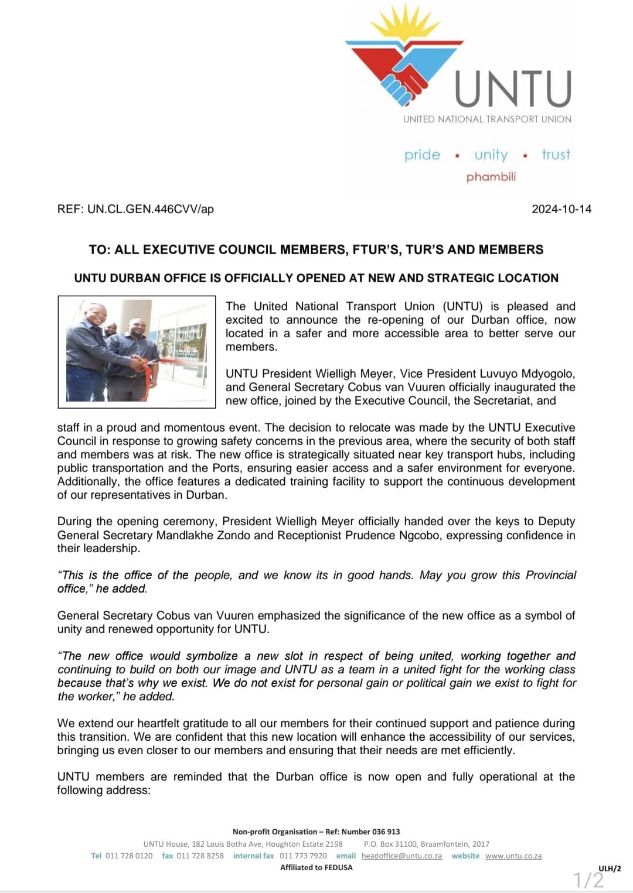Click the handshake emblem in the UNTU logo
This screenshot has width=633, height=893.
pyautogui.click(x=404, y=79)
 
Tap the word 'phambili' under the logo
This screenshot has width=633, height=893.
pyautogui.click(x=491, y=177)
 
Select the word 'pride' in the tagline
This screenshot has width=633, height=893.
pyautogui.click(x=422, y=155)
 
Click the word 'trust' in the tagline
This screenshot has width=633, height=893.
pyautogui.click(x=556, y=155)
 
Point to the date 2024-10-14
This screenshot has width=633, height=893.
pyautogui.click(x=561, y=209)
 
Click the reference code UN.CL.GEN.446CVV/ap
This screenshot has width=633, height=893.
pyautogui.click(x=151, y=209)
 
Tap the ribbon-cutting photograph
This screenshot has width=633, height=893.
pyautogui.click(x=137, y=351)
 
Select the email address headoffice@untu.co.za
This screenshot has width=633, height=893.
pyautogui.click(x=401, y=856)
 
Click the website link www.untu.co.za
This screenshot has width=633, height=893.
pyautogui.click(x=513, y=856)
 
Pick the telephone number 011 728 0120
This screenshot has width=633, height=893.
pyautogui.click(x=129, y=856)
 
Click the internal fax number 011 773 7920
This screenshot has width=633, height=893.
pyautogui.click(x=303, y=856)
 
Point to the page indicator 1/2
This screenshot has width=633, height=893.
pyautogui.click(x=588, y=880)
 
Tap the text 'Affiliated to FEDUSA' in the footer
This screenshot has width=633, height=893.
pyautogui.click(x=316, y=867)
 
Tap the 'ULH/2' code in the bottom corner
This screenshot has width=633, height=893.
pyautogui.click(x=610, y=868)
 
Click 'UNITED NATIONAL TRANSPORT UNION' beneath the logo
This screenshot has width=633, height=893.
pyautogui.click(x=487, y=119)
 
